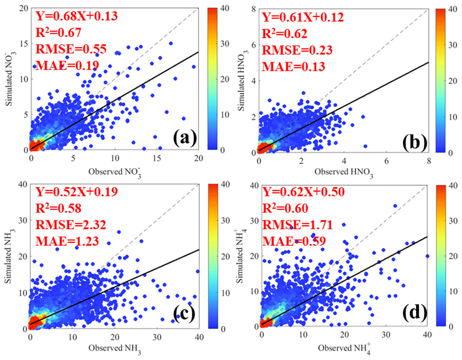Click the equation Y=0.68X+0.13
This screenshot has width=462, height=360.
[x=75, y=16]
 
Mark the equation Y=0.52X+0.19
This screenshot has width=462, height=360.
[x=75, y=193]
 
